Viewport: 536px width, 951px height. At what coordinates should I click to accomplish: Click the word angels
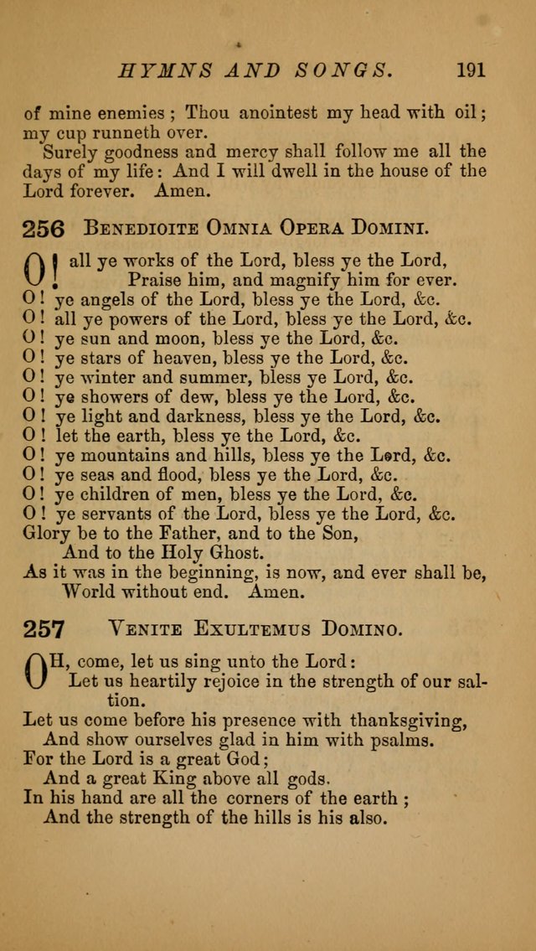point(108,300)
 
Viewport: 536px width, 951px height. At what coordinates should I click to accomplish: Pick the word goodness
point(145,152)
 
